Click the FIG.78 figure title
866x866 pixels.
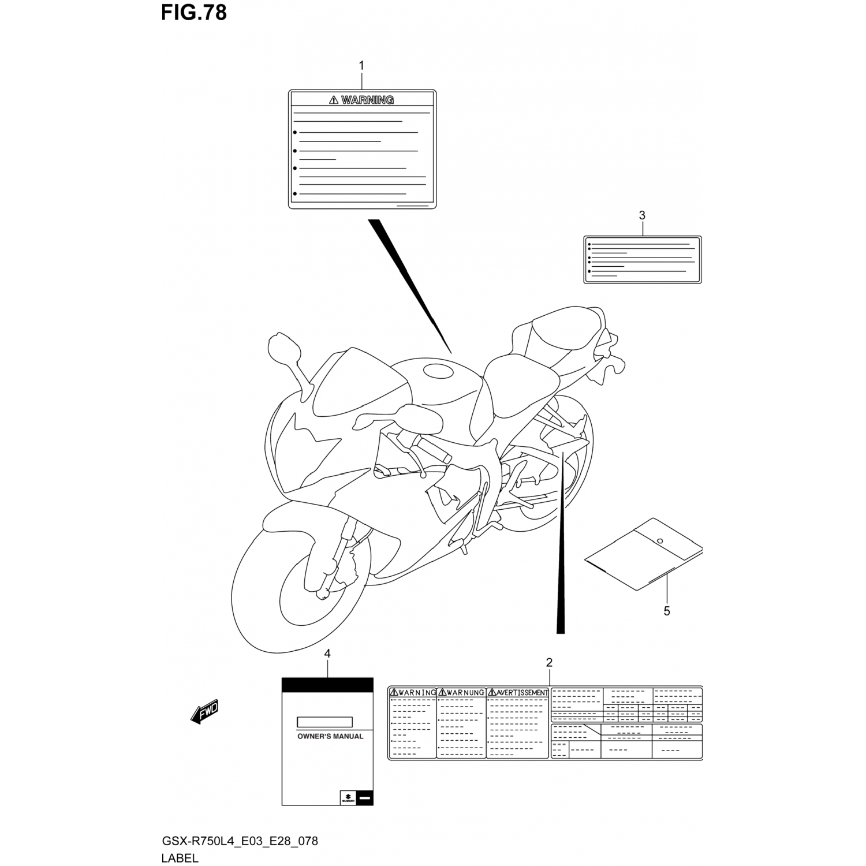(x=193, y=12)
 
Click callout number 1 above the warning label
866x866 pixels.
(x=362, y=66)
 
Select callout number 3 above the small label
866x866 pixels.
(x=642, y=215)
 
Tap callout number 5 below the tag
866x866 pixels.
(x=667, y=611)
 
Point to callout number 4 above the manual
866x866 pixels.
(x=327, y=654)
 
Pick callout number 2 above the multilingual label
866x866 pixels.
(x=549, y=662)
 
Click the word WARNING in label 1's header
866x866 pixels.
(x=367, y=100)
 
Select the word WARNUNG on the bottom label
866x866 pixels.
(x=465, y=692)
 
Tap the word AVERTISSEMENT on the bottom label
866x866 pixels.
(x=522, y=692)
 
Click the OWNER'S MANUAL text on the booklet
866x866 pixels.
(x=330, y=736)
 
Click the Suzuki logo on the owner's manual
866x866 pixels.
(x=348, y=798)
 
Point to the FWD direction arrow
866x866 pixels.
(x=205, y=713)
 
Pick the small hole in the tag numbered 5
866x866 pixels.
(x=660, y=542)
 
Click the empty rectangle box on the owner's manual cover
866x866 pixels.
(x=324, y=722)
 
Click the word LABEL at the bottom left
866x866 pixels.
(x=180, y=858)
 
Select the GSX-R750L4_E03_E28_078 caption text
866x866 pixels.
(x=240, y=841)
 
